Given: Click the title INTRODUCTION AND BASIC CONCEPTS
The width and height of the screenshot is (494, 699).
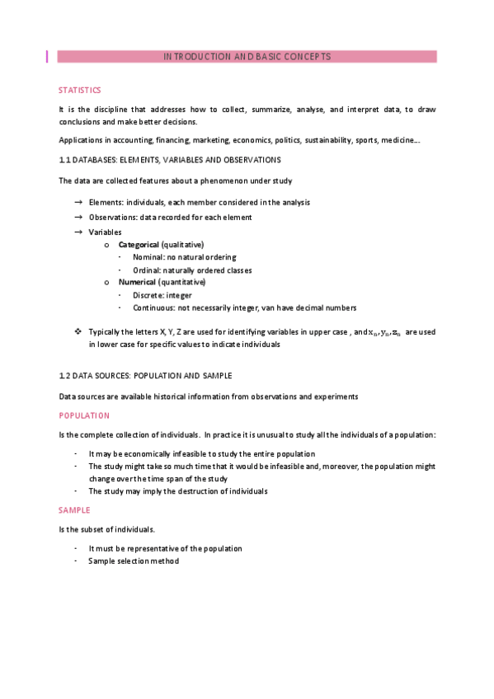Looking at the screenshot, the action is tap(247, 57).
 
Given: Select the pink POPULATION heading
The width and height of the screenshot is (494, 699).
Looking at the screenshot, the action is tap(83, 415).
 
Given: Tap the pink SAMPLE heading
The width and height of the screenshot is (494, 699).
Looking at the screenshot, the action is tap(75, 510).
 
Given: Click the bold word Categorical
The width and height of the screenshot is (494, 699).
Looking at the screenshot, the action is tap(139, 245).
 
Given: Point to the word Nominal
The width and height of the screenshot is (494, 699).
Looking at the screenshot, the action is tap(147, 257).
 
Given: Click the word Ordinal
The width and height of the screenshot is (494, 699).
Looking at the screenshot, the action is tap(146, 270).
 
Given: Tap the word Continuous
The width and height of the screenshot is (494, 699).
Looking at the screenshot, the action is tap(153, 307).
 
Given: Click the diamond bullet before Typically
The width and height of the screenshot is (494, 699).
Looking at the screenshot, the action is tap(78, 331).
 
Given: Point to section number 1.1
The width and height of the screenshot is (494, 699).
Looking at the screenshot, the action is tap(64, 159).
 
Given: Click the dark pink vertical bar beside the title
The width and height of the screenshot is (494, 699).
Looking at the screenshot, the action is tap(47, 57).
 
